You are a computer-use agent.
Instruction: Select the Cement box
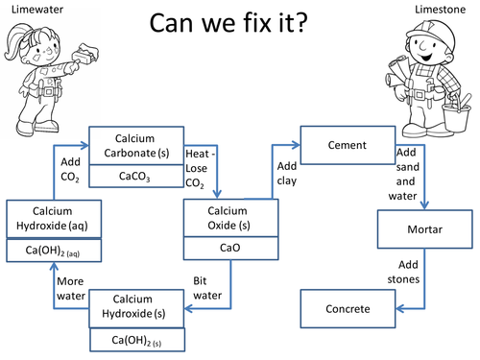point(345,145)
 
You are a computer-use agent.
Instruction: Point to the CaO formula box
point(230,249)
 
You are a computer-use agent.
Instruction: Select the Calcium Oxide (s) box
point(230,217)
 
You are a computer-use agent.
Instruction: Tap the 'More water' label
point(72,288)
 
